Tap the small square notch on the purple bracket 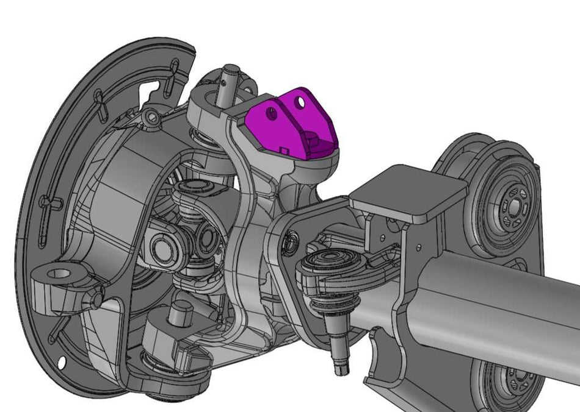pos(283,148)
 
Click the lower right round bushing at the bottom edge pos(510,384)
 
